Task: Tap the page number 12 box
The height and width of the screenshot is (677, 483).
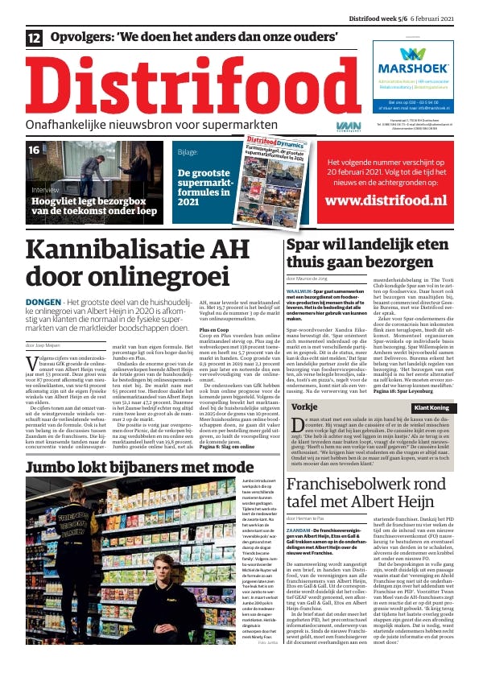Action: (x=35, y=38)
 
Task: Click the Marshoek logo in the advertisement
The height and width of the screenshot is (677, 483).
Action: (x=415, y=60)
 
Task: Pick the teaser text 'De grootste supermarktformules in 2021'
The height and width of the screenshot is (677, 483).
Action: (x=207, y=189)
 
